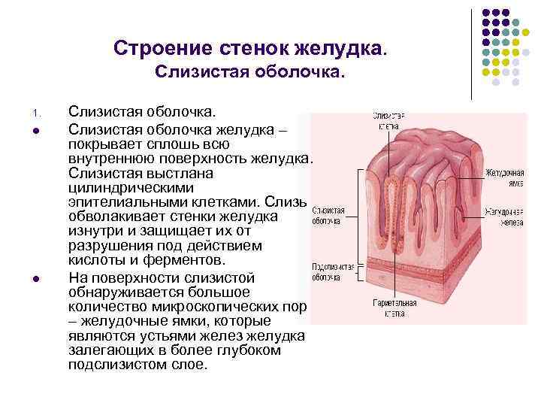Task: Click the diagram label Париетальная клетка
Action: [x=395, y=308]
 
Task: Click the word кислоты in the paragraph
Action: [x=93, y=261]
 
